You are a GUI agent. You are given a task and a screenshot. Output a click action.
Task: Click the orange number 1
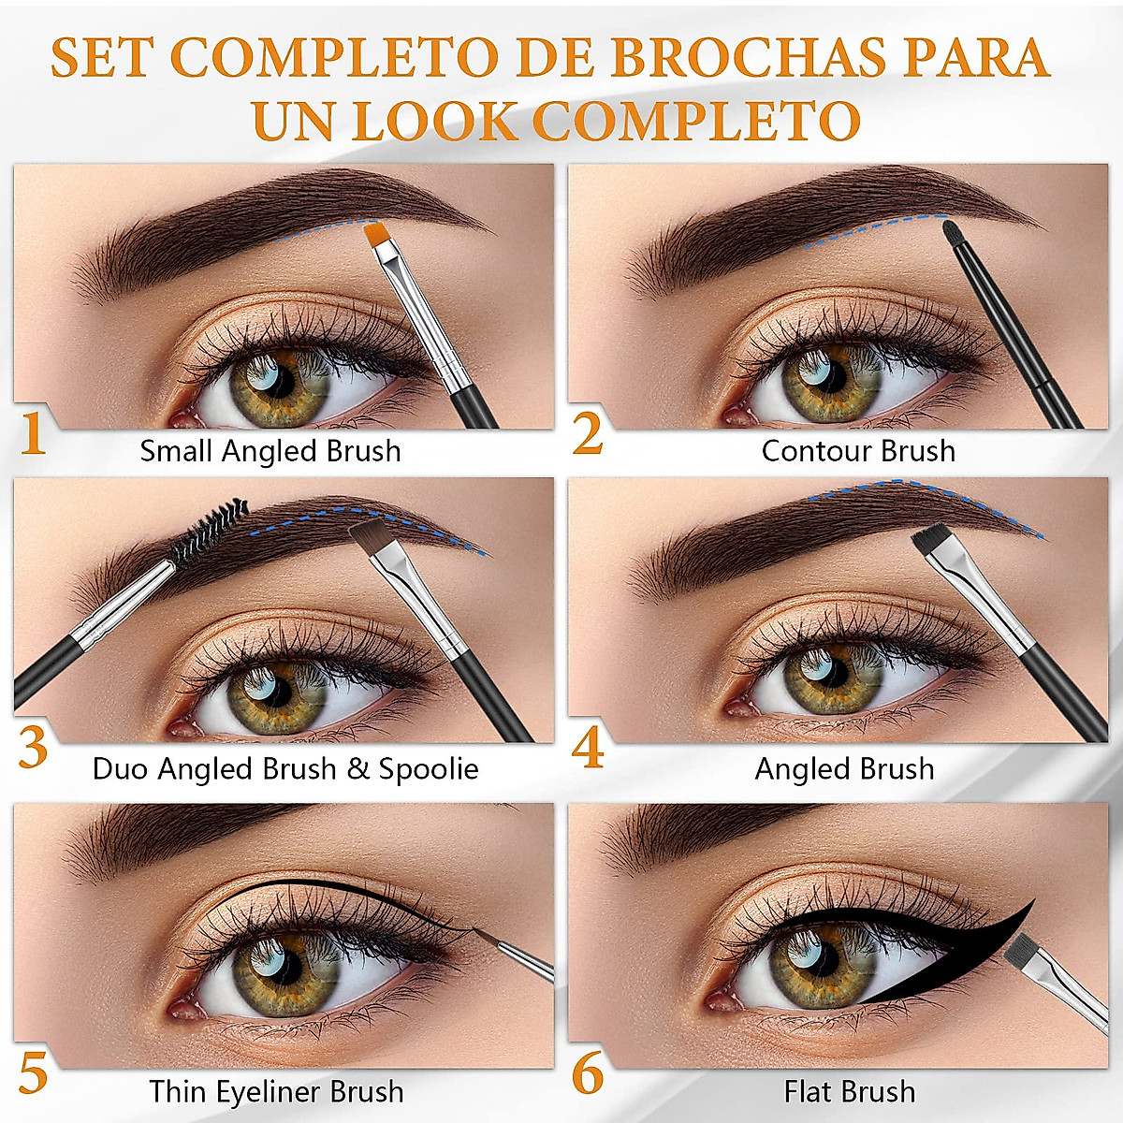[x=33, y=434]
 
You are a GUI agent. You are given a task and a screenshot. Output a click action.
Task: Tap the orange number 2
[x=588, y=434]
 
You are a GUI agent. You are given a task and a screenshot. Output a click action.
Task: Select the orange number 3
[x=33, y=748]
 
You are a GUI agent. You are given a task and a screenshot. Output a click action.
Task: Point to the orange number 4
[x=588, y=750]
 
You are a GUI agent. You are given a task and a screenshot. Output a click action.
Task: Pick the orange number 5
[x=33, y=1073]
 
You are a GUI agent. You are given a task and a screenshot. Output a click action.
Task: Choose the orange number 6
[x=588, y=1073]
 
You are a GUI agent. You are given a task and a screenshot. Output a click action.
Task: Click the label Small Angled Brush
[x=270, y=451]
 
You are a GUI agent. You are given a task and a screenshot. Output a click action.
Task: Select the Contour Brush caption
[x=858, y=451]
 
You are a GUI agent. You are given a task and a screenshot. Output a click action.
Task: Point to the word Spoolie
[x=429, y=769]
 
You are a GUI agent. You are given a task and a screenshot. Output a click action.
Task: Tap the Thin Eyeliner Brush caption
[x=276, y=1091]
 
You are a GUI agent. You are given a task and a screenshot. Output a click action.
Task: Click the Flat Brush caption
[x=850, y=1091]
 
